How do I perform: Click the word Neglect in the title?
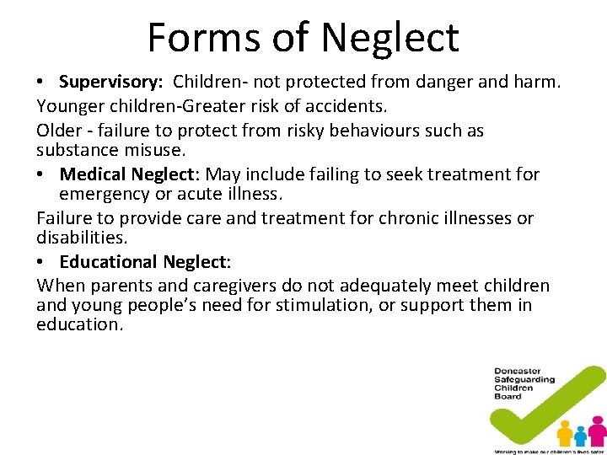[x=389, y=37]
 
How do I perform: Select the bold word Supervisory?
[x=113, y=83]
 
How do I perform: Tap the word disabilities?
[x=81, y=238]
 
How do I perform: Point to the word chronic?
[x=373, y=219]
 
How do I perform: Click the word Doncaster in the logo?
[x=518, y=372]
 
